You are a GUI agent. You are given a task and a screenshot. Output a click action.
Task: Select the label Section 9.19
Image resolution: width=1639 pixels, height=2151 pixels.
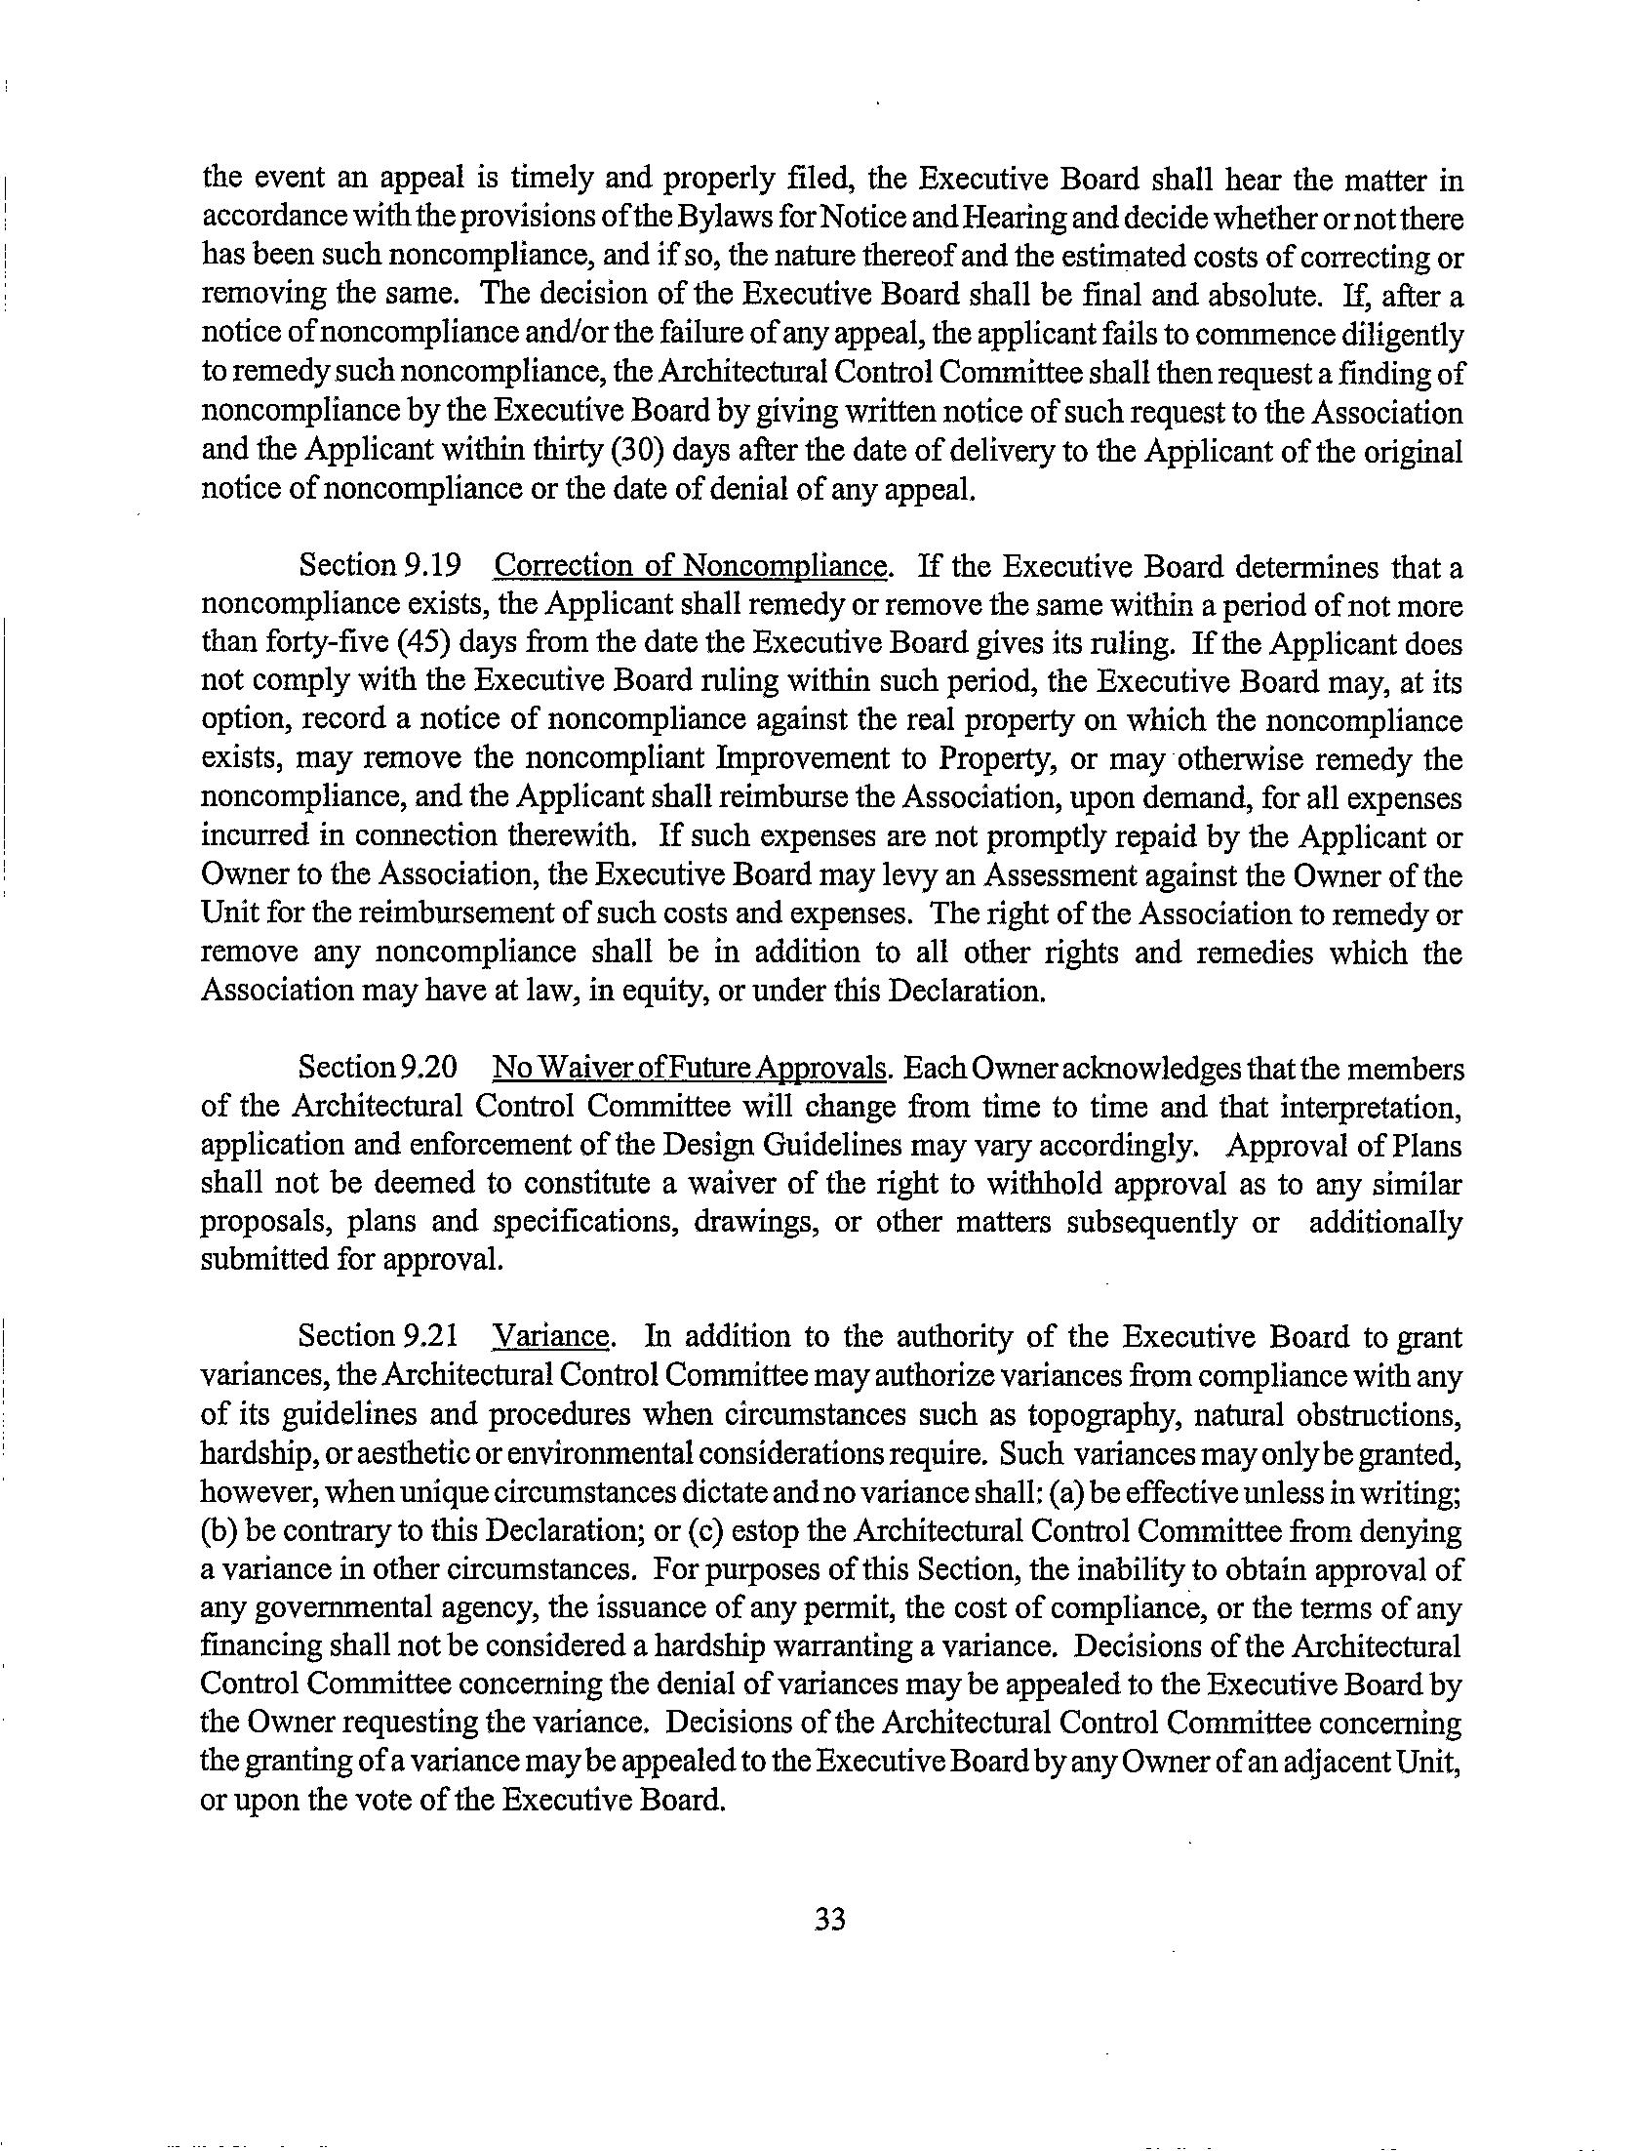pos(379,566)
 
